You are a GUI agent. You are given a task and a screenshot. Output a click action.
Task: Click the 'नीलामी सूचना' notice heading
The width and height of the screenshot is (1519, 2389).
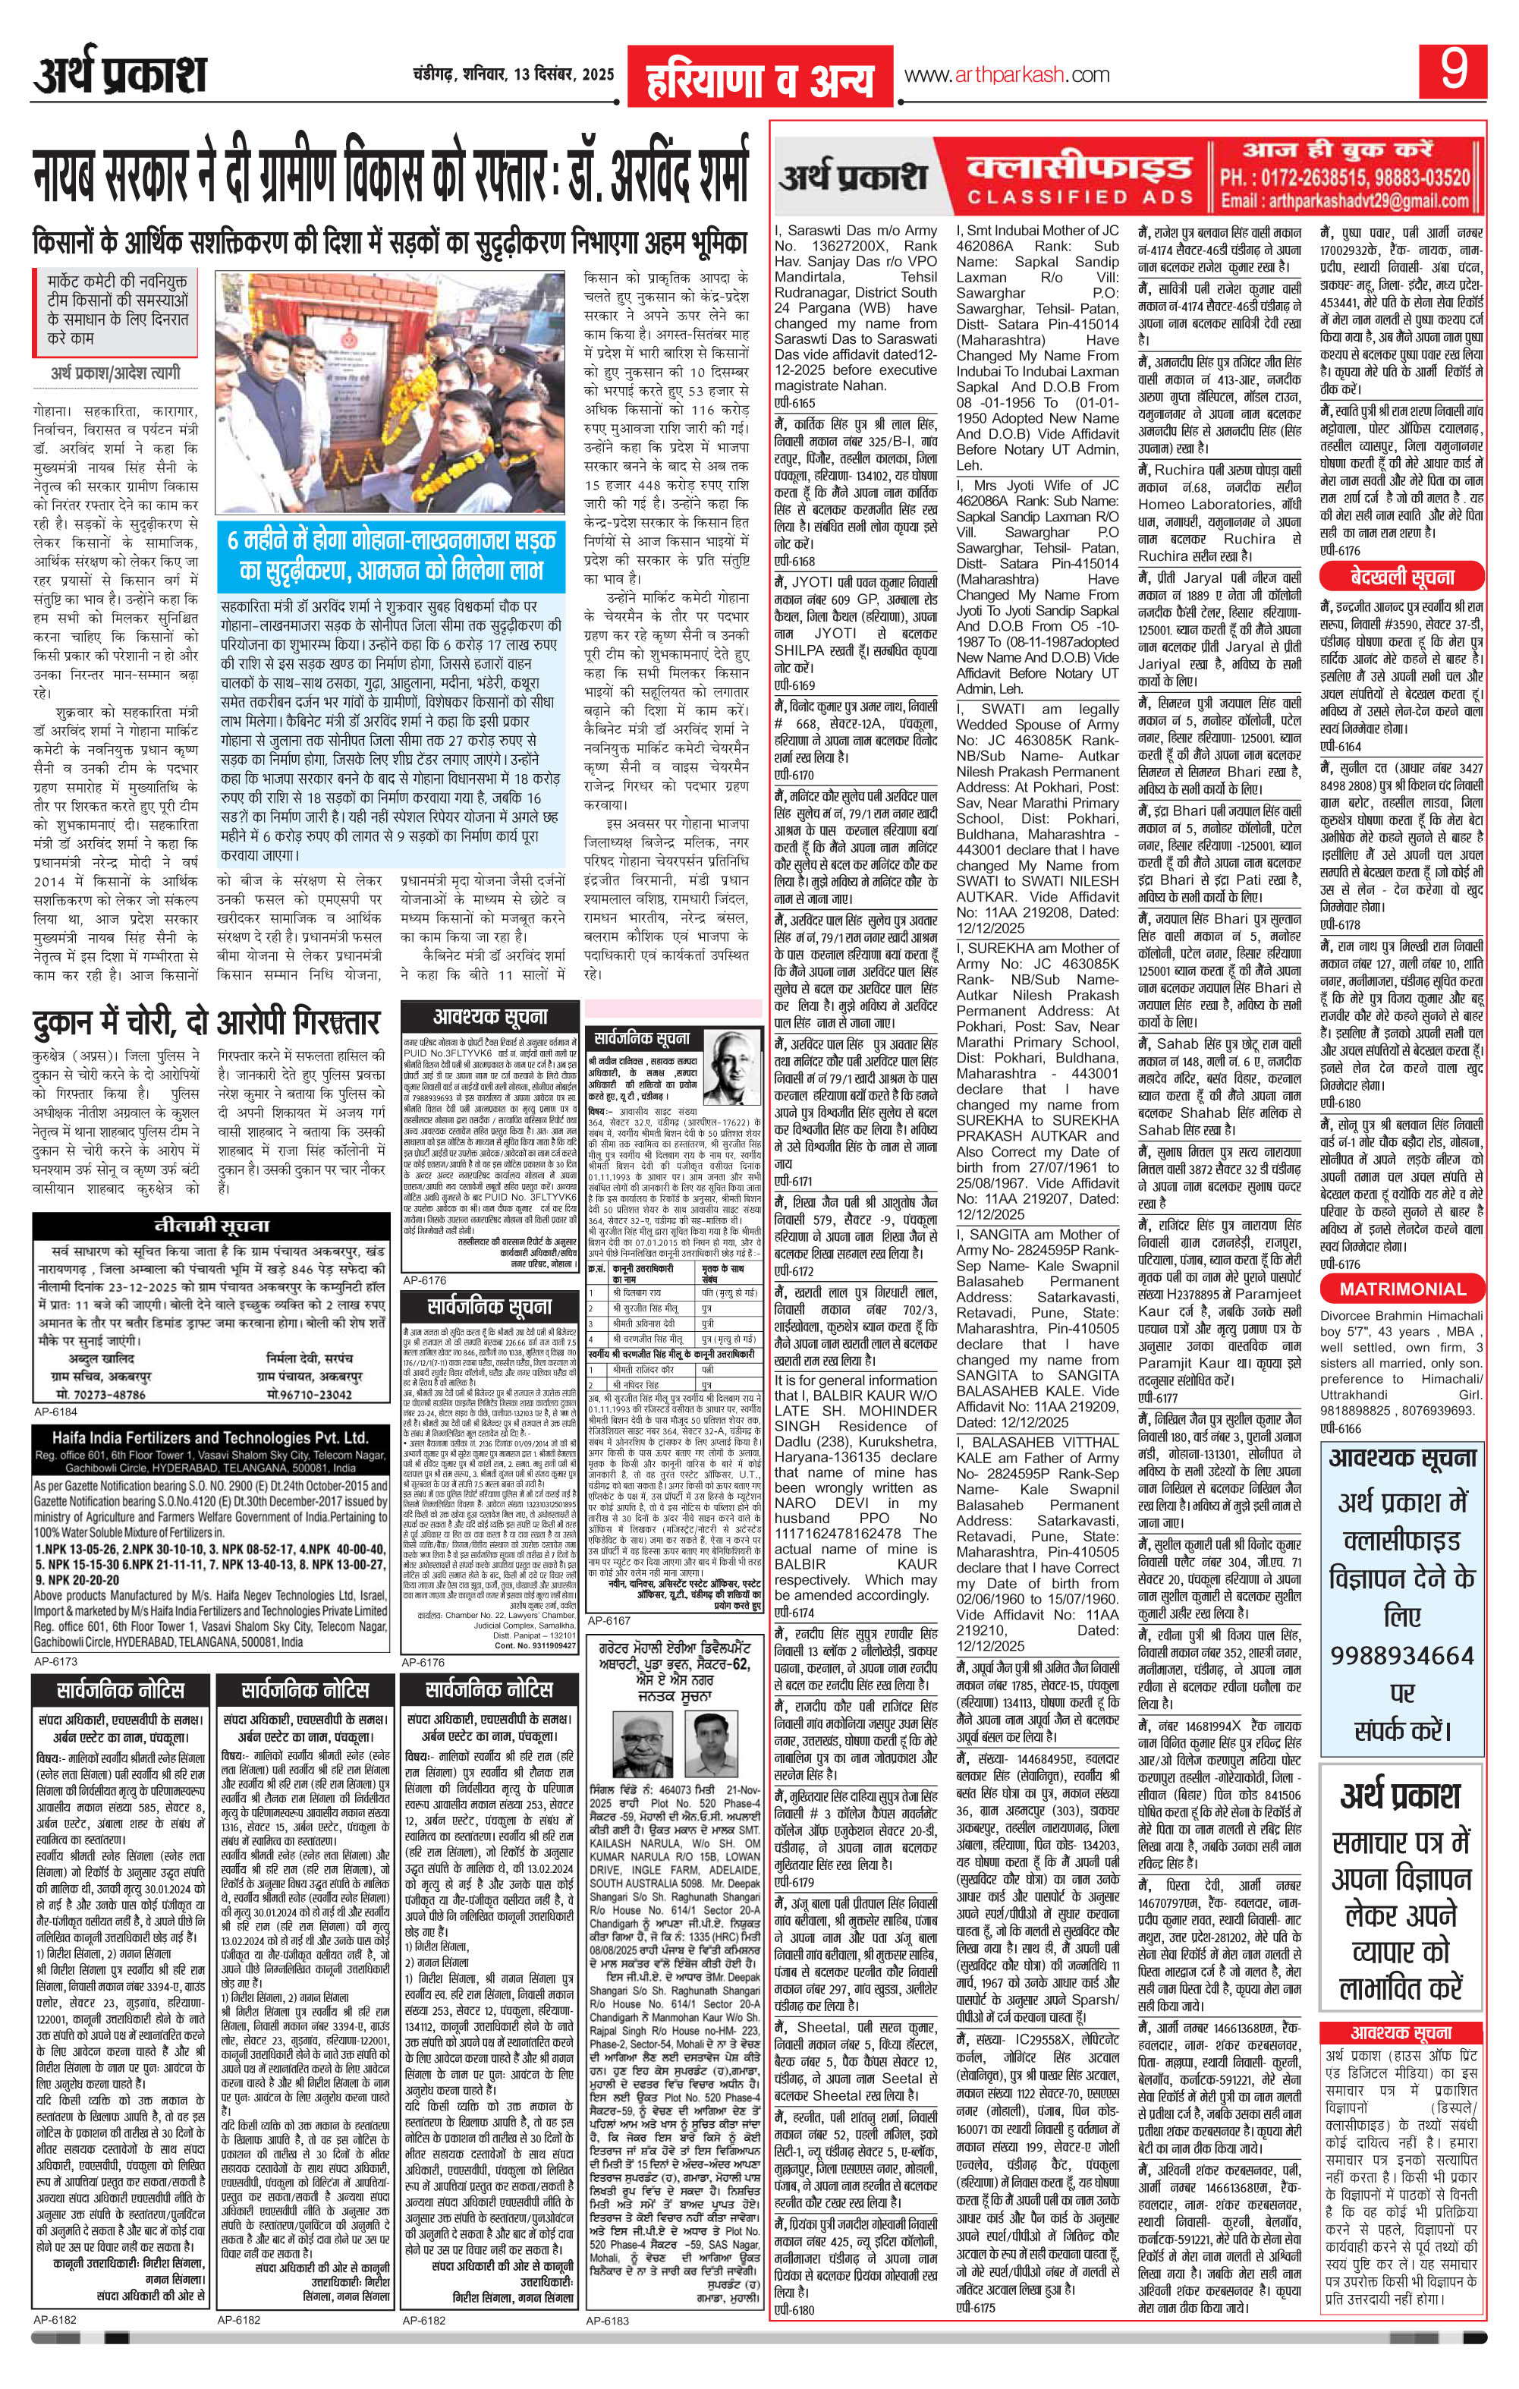click(x=206, y=1224)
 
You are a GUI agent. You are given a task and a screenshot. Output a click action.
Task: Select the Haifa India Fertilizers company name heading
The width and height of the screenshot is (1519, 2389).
click(x=200, y=1437)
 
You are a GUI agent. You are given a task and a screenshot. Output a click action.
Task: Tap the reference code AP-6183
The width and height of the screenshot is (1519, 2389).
click(x=609, y=2369)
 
